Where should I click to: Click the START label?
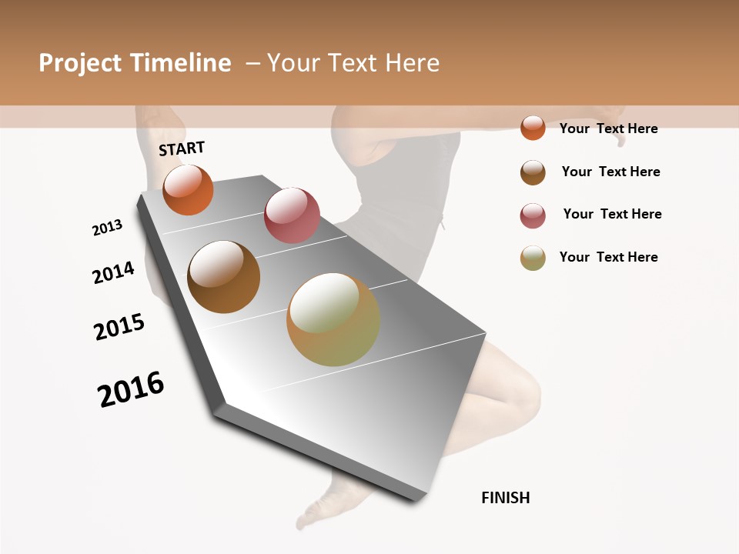pos(182,149)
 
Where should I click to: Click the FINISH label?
pos(505,498)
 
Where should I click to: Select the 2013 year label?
pos(107,228)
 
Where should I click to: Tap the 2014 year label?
pos(113,272)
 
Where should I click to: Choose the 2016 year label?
pos(131,389)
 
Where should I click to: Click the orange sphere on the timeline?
pos(188,190)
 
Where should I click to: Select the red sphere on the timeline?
pos(292,215)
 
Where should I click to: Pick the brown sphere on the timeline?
pos(223,277)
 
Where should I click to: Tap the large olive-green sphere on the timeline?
pos(333,319)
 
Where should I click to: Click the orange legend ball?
pos(533,128)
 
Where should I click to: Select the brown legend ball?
pos(533,172)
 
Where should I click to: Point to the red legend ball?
pos(533,215)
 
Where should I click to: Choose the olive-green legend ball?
pos(533,258)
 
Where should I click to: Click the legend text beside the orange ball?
pos(608,128)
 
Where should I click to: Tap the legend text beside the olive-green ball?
pos(608,257)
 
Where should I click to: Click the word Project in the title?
pos(81,63)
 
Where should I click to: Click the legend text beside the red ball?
pos(612,214)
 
